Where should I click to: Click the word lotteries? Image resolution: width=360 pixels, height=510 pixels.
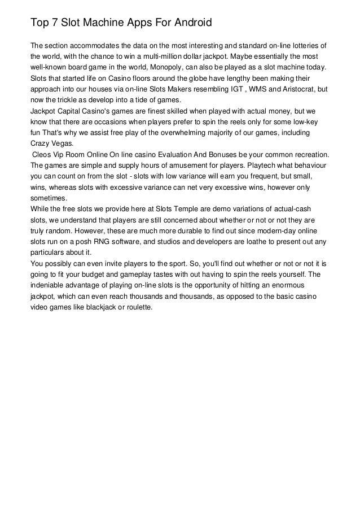tap(305, 45)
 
